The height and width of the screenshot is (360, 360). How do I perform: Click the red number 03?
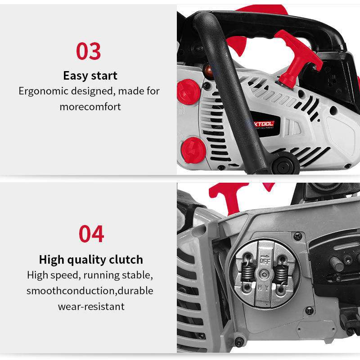(x=88, y=51)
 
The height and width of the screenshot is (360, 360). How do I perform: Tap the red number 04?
(x=91, y=234)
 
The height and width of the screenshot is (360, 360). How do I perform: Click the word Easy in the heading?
(x=76, y=76)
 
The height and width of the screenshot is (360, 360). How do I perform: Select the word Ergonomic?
(x=43, y=91)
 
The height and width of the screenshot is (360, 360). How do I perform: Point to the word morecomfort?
(x=90, y=107)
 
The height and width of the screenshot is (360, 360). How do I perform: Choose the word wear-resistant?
(x=91, y=306)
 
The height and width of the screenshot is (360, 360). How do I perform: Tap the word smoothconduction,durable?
(x=90, y=291)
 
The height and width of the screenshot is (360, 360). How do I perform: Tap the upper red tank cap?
(x=188, y=92)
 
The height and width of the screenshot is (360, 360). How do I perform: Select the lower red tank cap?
(x=193, y=150)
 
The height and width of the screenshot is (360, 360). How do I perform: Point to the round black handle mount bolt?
(x=285, y=165)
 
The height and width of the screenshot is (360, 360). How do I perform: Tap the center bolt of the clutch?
(x=265, y=274)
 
